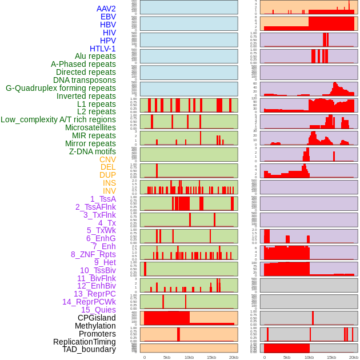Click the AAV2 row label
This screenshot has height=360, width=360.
pos(106,9)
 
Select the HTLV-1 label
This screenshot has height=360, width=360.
pos(103,49)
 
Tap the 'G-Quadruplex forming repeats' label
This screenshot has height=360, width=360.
pos(61,88)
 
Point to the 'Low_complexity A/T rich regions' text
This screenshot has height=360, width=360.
pos(58,119)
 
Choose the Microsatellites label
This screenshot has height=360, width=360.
pos(90,127)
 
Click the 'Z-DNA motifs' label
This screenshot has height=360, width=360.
pos(93,151)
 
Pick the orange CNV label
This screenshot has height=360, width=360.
pos(107,159)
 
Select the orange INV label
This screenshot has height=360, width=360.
pos(109,191)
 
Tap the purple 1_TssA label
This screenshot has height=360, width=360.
pos(103,199)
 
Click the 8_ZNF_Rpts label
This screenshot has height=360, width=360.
pos(93,254)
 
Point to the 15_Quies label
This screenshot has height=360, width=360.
pos(98,310)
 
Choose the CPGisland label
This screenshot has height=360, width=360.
pos(97,318)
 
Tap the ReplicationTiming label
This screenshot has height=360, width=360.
pos(85,342)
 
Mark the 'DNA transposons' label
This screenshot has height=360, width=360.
pos(85,80)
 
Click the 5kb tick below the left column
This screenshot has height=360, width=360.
pos(167,357)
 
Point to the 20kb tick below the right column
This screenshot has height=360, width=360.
pos(354,357)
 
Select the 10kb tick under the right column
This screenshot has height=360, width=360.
pos(309,357)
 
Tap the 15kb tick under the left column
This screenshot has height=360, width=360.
pos(211,357)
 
